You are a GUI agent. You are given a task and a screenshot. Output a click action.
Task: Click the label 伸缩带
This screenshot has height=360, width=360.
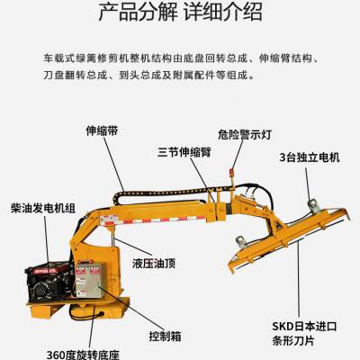pyautogui.click(x=102, y=130)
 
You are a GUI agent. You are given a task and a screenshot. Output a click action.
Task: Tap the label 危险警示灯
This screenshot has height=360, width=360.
pyautogui.click(x=245, y=134)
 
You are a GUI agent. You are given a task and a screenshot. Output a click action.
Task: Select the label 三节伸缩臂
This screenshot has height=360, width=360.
pyautogui.click(x=184, y=152)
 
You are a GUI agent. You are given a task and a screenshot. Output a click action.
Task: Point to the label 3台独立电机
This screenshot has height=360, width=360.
pyautogui.click(x=310, y=157)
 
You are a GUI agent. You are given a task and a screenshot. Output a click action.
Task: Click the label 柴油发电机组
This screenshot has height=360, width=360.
pyautogui.click(x=43, y=208)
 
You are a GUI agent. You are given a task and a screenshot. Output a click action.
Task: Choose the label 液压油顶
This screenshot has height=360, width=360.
pyautogui.click(x=154, y=264)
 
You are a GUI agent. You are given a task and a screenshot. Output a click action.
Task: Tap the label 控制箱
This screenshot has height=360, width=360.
pyautogui.click(x=166, y=337)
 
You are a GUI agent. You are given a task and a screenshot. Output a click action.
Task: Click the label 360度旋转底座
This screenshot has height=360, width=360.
pyautogui.click(x=83, y=355)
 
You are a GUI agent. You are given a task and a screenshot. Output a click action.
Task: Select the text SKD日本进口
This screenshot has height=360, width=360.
pyautogui.click(x=304, y=327)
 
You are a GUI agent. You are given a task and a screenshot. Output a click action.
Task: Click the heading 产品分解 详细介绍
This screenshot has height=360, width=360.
pyautogui.click(x=180, y=12)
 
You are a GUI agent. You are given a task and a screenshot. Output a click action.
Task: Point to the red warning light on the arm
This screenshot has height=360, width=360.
pyautogui.click(x=231, y=173)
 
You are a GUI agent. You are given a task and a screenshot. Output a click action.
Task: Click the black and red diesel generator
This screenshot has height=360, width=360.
pyautogui.click(x=49, y=282)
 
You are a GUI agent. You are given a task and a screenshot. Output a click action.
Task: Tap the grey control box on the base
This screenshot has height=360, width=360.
pyautogui.click(x=89, y=281)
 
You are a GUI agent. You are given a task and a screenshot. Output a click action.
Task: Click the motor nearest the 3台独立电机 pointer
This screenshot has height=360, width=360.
pyautogui.click(x=312, y=206)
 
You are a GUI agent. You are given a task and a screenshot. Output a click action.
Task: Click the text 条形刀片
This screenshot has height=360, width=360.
pyautogui.click(x=293, y=341)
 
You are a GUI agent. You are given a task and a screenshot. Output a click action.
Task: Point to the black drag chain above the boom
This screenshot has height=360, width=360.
pyautogui.click(x=174, y=192)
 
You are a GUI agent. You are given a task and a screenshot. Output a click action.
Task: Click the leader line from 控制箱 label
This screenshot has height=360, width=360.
pyautogui.click(x=131, y=308)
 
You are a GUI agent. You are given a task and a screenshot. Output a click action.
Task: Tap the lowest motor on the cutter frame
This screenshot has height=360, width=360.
pyautogui.click(x=241, y=241)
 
